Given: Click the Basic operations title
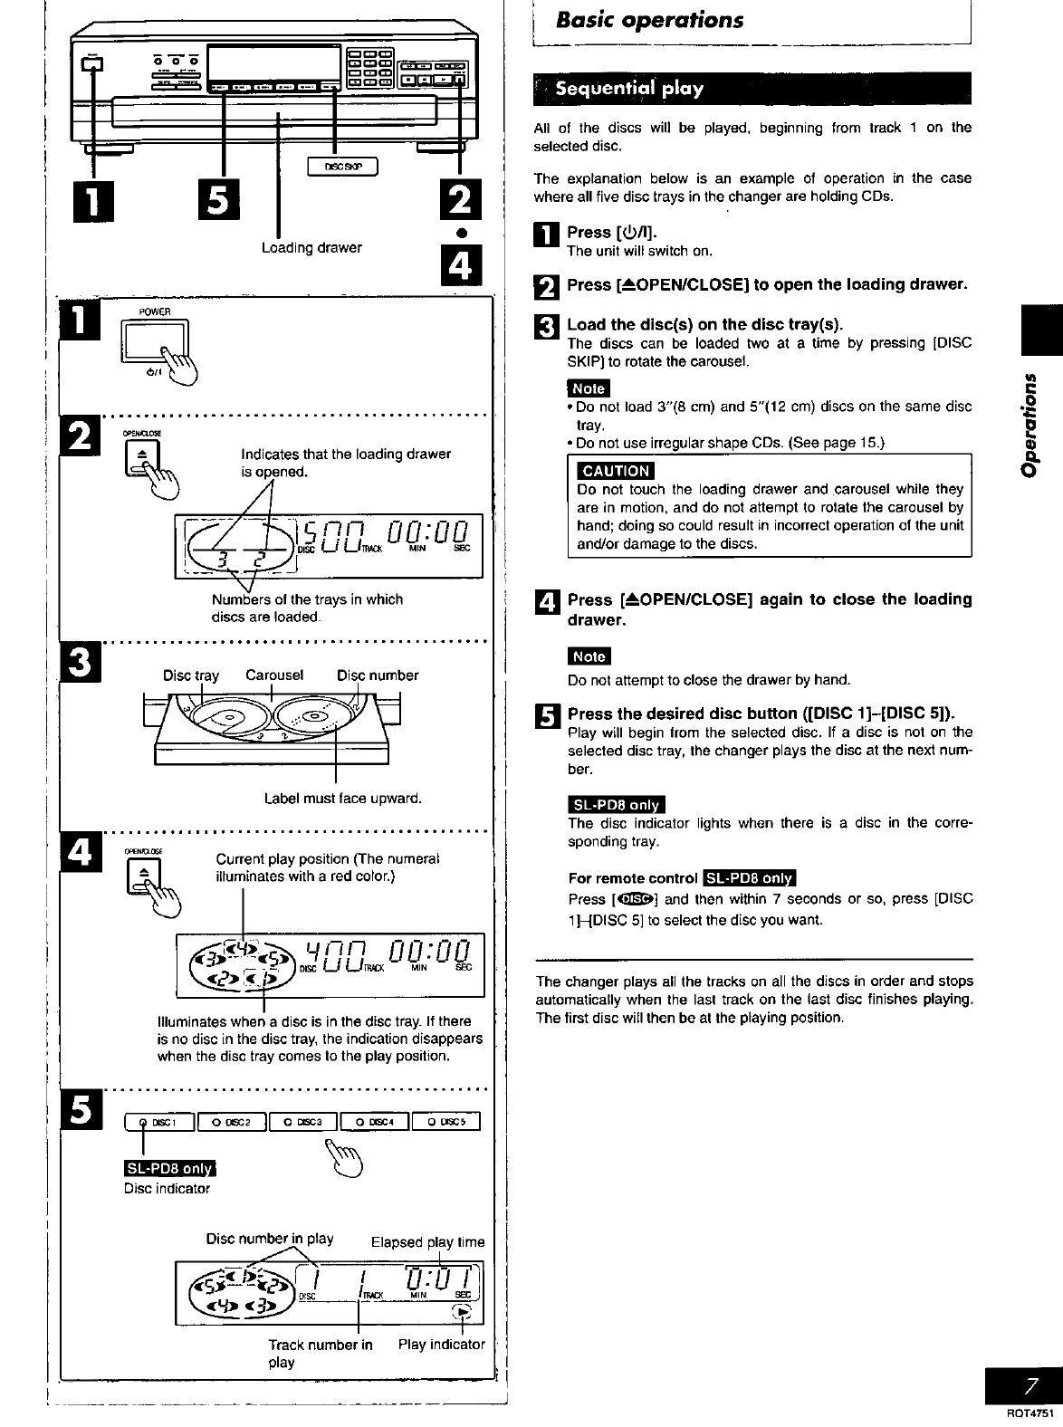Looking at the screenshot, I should (650, 20).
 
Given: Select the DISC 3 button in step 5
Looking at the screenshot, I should (302, 1123).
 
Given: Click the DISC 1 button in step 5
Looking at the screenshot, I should (159, 1123).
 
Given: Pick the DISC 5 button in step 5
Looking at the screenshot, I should (445, 1123).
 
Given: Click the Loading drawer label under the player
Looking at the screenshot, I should (311, 247).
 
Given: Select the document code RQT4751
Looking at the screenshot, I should (1031, 1413).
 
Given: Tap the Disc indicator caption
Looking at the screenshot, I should (167, 1188).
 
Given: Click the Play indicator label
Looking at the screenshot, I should (441, 1345).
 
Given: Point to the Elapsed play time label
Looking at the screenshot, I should (427, 1241).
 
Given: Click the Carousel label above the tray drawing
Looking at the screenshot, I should (273, 675).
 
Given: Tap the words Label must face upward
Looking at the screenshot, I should (342, 799).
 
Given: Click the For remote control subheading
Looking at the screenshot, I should (632, 878).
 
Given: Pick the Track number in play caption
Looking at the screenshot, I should (319, 1353).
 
